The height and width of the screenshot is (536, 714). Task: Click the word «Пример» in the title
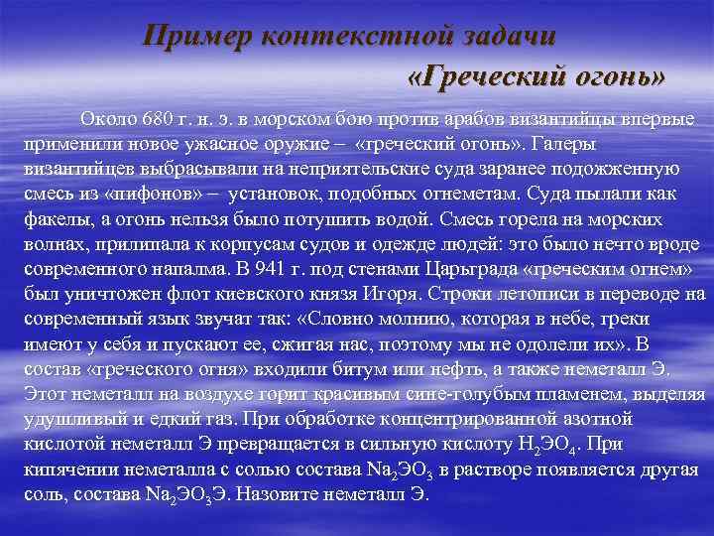tap(195, 36)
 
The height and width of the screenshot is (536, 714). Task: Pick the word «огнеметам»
tap(452, 191)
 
